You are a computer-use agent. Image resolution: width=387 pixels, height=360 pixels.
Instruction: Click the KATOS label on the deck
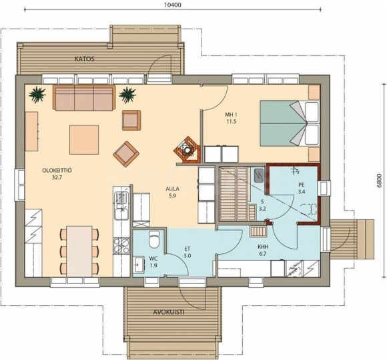(85, 59)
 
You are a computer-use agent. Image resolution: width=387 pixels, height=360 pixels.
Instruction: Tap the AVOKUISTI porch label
(169, 312)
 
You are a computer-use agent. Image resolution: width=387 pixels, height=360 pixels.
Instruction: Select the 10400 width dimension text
(173, 5)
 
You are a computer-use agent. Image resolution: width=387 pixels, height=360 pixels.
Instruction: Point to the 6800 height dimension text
(380, 181)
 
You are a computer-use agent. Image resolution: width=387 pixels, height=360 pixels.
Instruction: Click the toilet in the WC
(154, 239)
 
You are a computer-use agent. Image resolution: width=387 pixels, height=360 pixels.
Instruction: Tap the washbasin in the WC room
(139, 264)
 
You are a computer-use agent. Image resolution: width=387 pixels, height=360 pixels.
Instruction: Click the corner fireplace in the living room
(187, 149)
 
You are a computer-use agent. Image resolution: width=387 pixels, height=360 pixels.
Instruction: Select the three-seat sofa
(84, 98)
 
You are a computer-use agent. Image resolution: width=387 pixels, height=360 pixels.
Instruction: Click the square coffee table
(84, 139)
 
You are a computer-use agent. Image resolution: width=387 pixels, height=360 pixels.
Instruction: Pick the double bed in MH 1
(290, 123)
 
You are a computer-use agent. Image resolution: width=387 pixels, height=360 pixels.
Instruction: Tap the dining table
(79, 251)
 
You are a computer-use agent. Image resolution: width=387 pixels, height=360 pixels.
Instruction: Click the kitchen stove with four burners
(121, 246)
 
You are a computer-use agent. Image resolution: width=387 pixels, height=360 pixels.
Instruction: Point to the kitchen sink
(121, 205)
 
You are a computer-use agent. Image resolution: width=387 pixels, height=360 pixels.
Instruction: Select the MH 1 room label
(231, 118)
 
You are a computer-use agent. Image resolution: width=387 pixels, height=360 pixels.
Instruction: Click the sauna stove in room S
(259, 175)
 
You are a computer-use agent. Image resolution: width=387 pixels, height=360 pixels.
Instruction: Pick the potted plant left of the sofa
(37, 95)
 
